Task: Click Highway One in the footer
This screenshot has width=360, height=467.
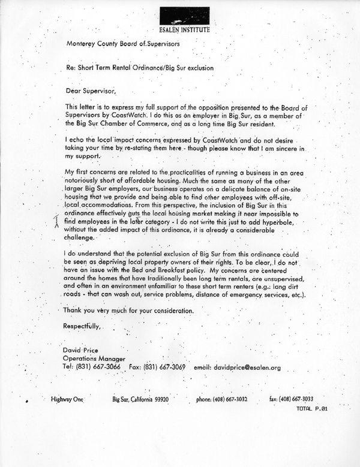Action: point(68,399)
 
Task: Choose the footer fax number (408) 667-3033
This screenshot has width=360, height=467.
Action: point(298,399)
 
